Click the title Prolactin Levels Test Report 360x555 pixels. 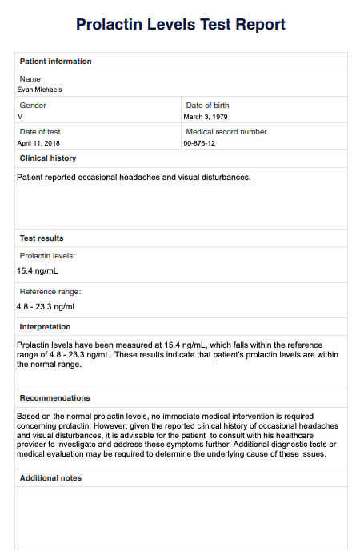coord(180,25)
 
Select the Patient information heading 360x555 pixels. coord(55,62)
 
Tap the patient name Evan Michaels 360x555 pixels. coord(39,90)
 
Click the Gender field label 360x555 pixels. coord(33,106)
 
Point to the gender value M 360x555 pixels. coord(20,117)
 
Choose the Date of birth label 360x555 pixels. coord(207,106)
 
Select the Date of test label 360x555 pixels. coord(40,132)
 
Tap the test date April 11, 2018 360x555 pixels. coord(39,143)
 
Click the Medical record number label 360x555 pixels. coord(226,132)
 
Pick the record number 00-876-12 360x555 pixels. coord(199,143)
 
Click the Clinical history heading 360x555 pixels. coord(48,158)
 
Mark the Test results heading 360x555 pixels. coord(42,238)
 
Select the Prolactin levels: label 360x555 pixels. coord(47,256)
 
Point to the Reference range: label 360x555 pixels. coord(50,292)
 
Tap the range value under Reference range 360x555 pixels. coord(46,306)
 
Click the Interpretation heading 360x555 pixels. coord(45,327)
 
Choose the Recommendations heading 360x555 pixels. coord(54,398)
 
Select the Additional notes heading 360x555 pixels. coord(50,478)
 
